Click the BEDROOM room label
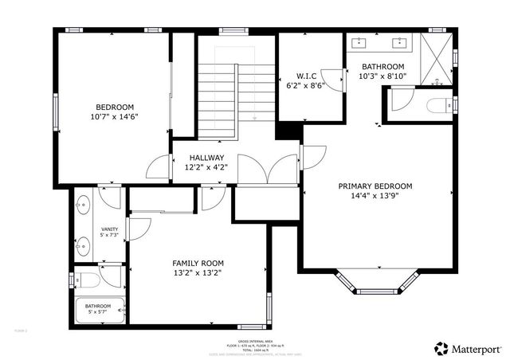(x=115, y=107)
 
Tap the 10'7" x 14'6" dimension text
(x=115, y=117)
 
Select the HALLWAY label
(x=205, y=158)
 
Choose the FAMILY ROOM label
(x=198, y=263)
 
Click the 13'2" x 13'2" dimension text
(x=198, y=273)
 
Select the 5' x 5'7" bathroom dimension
(x=99, y=311)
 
